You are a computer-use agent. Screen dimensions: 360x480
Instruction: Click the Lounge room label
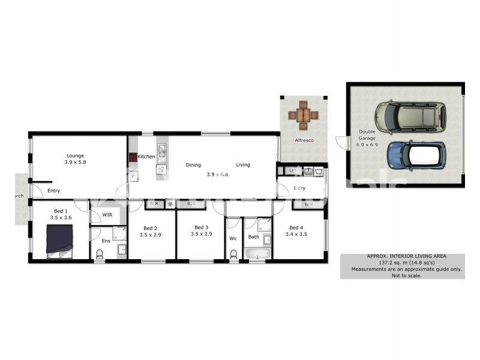coord(75,156)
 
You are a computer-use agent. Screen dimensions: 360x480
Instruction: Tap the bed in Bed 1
coord(60,241)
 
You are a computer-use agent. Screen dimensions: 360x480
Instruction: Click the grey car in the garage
coord(411,116)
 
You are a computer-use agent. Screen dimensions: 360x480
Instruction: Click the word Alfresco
coord(304,140)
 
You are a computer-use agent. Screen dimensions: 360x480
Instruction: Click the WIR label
coord(107,214)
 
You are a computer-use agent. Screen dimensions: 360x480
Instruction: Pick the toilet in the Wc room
coord(233,254)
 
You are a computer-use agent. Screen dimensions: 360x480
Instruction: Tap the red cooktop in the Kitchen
coord(133,158)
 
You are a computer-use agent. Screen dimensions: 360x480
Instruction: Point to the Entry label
coord(54,191)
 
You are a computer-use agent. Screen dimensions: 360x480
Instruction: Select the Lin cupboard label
coord(292,171)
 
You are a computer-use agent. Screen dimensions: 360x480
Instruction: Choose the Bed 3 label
coord(201,227)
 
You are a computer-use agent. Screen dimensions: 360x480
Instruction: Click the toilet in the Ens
coord(100,254)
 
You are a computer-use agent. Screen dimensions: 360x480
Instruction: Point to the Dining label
coord(193,165)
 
